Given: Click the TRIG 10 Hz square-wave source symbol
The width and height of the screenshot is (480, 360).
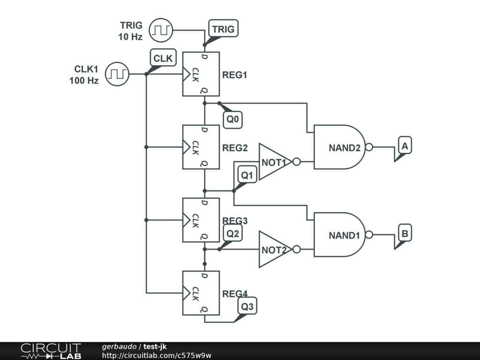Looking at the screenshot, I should (161, 30).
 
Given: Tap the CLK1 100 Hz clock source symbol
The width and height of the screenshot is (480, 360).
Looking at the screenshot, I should (117, 74).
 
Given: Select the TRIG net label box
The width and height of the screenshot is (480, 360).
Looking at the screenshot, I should (223, 29).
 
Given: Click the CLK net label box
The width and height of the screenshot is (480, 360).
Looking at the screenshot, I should (163, 59).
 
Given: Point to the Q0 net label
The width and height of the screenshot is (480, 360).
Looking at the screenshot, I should (233, 120).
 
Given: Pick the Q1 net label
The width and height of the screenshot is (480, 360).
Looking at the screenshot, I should (247, 175).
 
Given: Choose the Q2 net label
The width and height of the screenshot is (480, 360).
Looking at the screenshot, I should (233, 233).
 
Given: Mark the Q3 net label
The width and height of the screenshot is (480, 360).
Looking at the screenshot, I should (247, 307).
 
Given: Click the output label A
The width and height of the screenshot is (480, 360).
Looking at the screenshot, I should (405, 146).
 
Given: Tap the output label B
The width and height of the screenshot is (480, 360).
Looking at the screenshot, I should (405, 233).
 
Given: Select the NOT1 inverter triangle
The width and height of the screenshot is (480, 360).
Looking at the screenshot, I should (275, 162).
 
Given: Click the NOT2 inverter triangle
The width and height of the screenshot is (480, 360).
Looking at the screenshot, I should (275, 249).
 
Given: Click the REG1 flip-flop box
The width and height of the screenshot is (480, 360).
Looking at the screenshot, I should (201, 74).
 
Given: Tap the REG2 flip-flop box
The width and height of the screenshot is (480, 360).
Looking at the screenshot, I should (201, 147).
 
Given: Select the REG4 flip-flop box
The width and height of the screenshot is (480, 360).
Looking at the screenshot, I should (201, 293).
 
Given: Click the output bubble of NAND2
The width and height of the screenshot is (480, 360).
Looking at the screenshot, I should (369, 147).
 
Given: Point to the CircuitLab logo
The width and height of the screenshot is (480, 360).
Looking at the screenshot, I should (50, 351).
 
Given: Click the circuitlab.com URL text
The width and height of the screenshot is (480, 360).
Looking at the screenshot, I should (157, 355).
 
